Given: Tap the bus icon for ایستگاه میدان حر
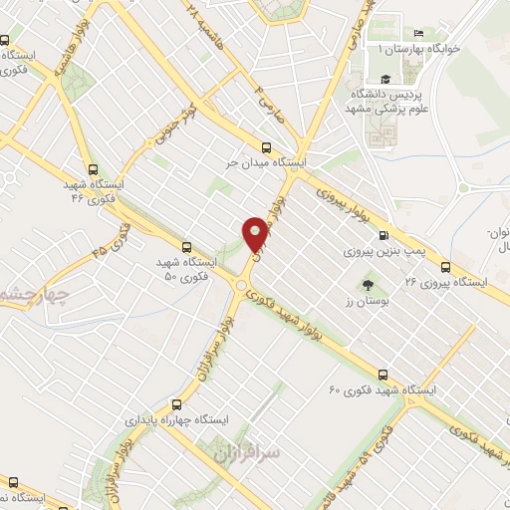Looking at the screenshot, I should (265, 143).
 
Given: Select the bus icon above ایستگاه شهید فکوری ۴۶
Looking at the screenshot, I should (93, 169).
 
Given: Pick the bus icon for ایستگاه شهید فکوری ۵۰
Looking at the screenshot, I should (186, 246).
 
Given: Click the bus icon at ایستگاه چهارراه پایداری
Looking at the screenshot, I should (177, 404).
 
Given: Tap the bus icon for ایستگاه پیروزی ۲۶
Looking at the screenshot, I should (445, 266).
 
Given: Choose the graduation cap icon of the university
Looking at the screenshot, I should (382, 80).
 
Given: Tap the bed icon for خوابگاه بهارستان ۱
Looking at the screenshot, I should (430, 33).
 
